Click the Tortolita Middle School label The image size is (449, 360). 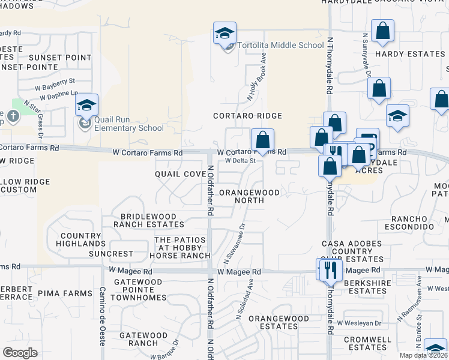tap(280, 46)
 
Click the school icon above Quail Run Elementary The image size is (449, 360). tap(87, 105)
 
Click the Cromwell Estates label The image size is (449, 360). tap(368, 343)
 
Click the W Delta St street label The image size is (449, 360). tap(241, 161)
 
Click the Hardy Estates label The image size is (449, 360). tap(410, 54)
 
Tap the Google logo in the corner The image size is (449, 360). tap(20, 353)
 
